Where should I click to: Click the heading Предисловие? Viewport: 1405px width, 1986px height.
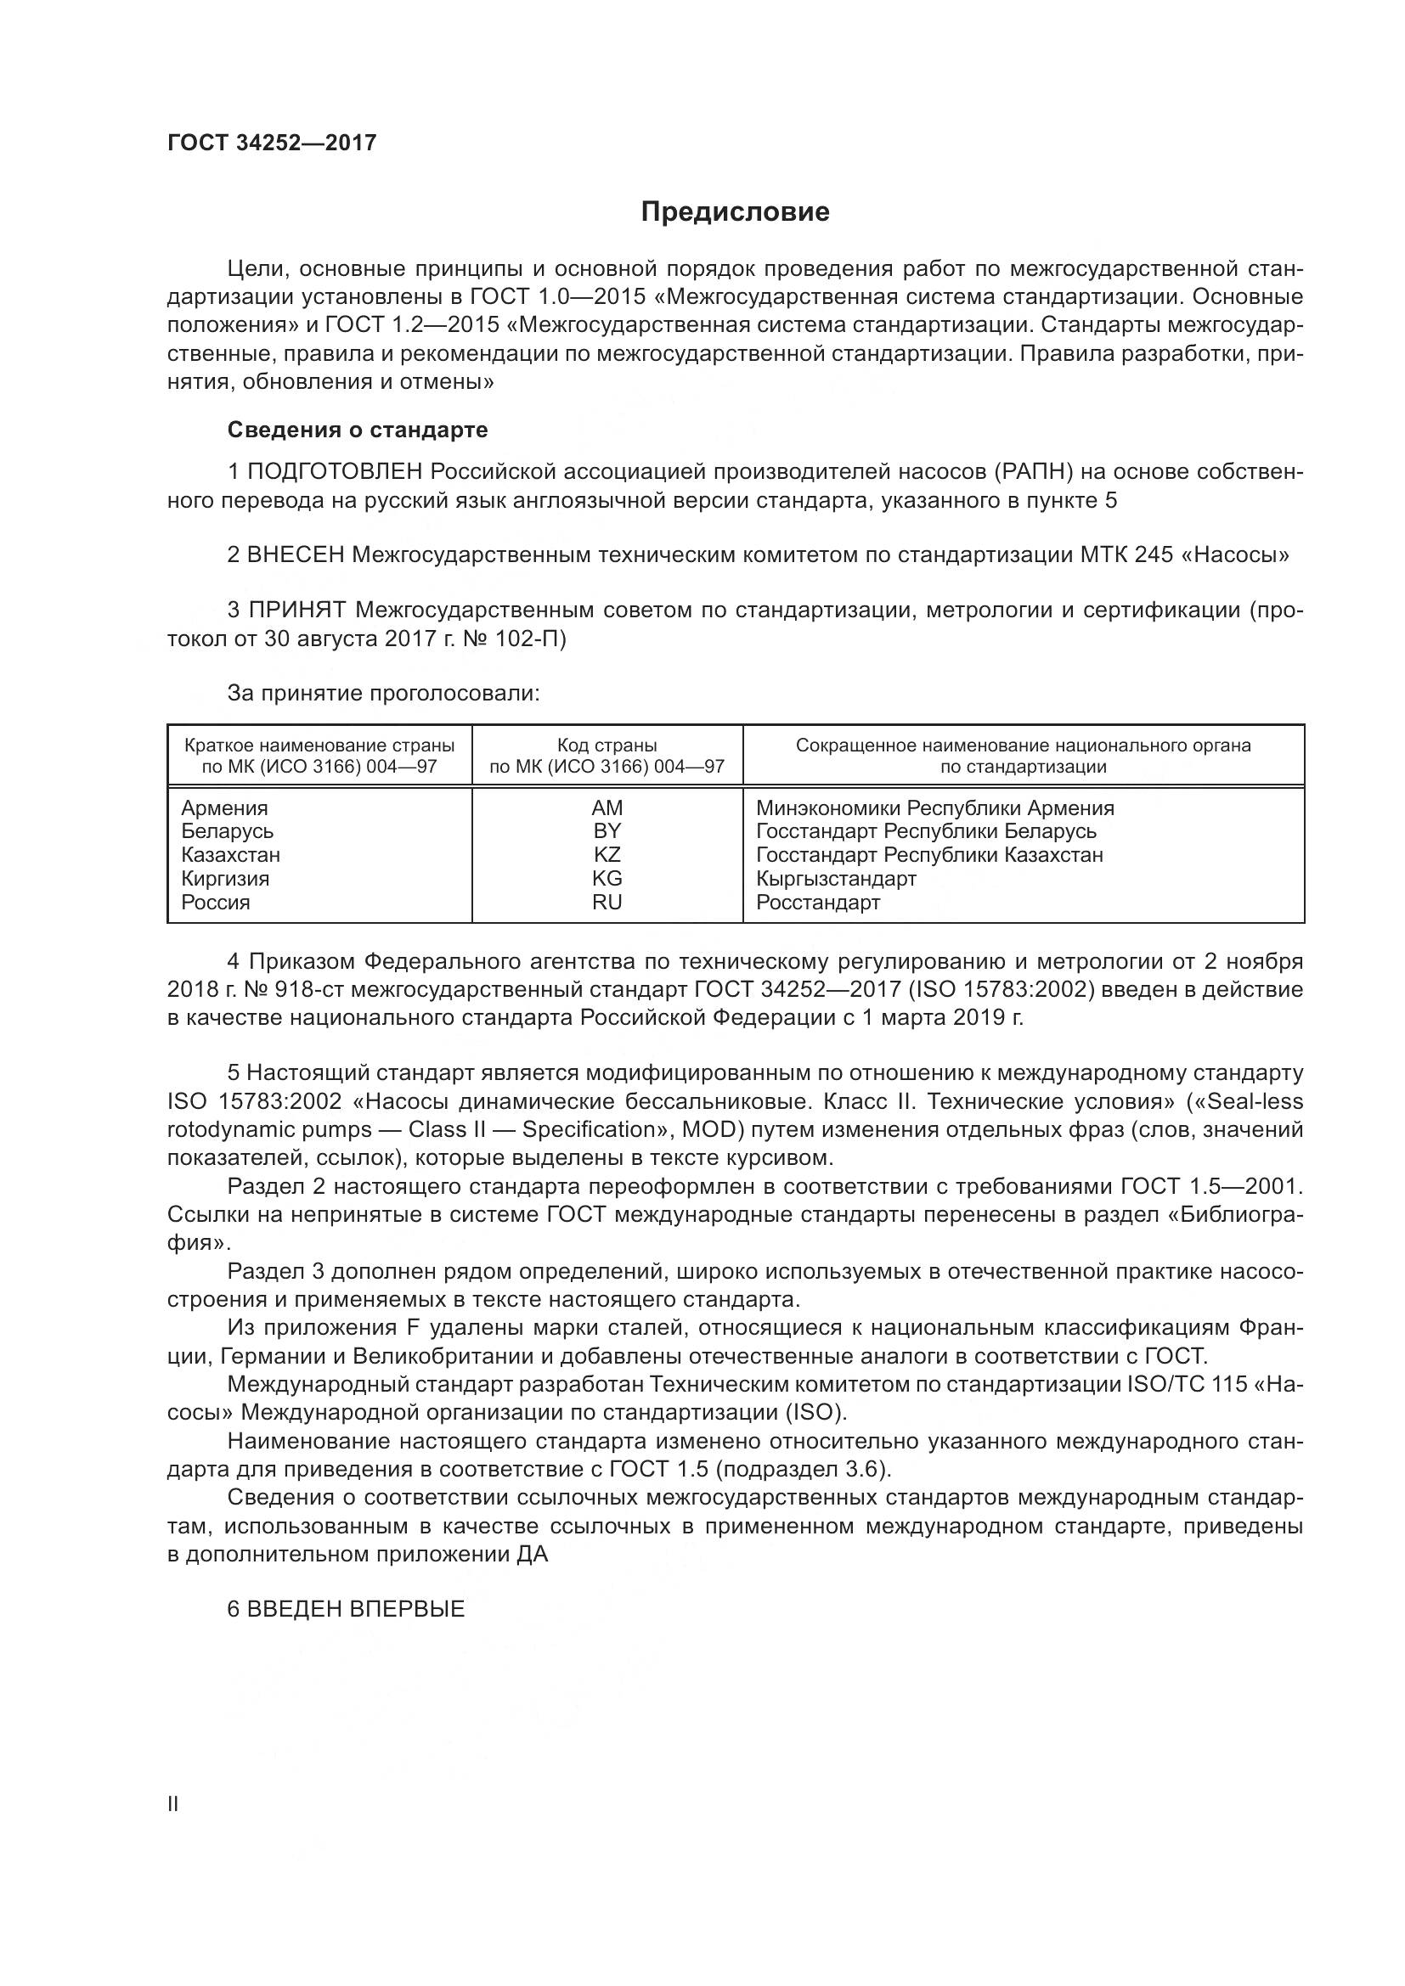point(735,212)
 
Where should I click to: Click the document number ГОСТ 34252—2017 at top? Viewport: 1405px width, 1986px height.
point(272,143)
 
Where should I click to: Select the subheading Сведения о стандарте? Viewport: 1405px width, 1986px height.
point(358,430)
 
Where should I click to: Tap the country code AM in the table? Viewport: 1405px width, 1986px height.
point(607,807)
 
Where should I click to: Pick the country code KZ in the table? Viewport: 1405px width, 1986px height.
point(607,855)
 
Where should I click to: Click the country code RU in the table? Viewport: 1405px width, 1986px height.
point(607,903)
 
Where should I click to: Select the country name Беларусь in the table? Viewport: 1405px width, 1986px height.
point(227,831)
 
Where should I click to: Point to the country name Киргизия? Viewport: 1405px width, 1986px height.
point(225,879)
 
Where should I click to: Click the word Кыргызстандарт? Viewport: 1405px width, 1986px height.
point(835,879)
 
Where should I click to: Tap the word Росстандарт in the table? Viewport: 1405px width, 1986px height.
point(817,903)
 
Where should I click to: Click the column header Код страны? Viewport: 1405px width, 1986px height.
point(607,745)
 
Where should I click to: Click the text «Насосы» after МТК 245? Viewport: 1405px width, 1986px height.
point(1233,555)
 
